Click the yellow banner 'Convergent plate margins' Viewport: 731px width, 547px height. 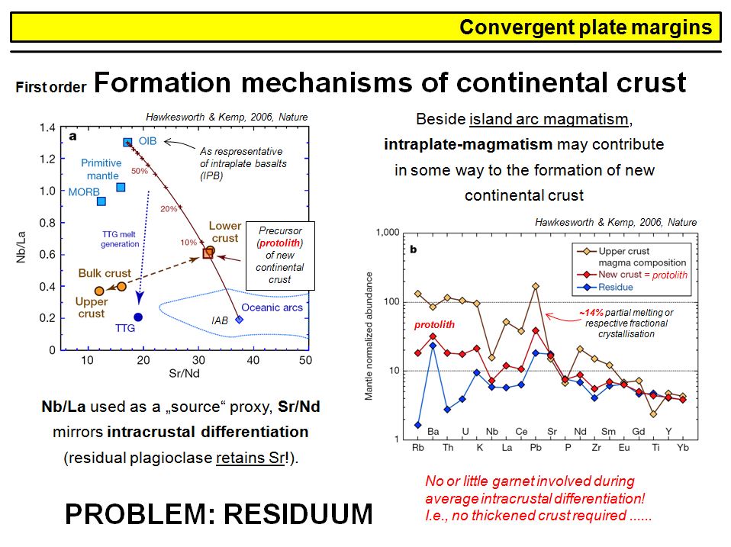[366, 28]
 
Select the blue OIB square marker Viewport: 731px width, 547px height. [127, 143]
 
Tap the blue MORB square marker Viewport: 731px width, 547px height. [101, 201]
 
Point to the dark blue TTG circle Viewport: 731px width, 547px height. [138, 317]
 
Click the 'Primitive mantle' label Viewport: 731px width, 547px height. [101, 169]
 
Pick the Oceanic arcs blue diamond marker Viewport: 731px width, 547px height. [240, 320]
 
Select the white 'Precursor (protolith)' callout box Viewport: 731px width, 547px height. [280, 256]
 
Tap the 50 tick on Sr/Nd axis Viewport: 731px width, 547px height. [305, 360]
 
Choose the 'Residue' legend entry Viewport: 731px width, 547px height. [617, 287]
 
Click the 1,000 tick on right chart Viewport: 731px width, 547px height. [386, 232]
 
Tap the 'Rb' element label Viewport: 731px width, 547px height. [418, 448]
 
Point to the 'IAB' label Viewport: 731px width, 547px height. [221, 322]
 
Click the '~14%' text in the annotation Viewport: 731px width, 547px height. [591, 313]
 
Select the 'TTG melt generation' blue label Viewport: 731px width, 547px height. [120, 239]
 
